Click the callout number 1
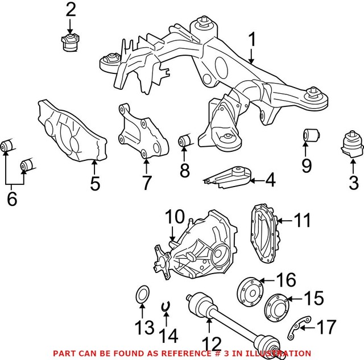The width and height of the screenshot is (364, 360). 252,40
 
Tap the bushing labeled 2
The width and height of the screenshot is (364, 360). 70,43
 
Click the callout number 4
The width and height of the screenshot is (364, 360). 270,180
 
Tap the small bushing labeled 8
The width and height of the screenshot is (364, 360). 184,140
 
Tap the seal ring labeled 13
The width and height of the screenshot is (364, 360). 142,295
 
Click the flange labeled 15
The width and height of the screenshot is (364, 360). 275,304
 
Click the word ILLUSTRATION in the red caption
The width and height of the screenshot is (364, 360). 279,353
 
